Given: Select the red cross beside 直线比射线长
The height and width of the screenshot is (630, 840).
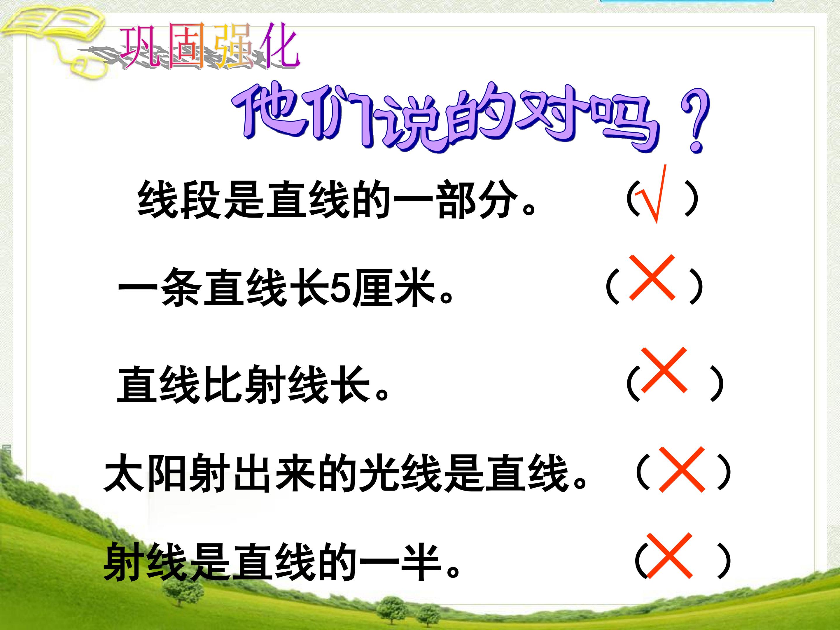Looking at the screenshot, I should coord(664,370).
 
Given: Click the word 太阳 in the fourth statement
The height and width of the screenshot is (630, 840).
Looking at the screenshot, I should coord(146,473).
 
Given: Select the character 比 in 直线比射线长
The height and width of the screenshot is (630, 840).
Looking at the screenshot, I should coord(222,384).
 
